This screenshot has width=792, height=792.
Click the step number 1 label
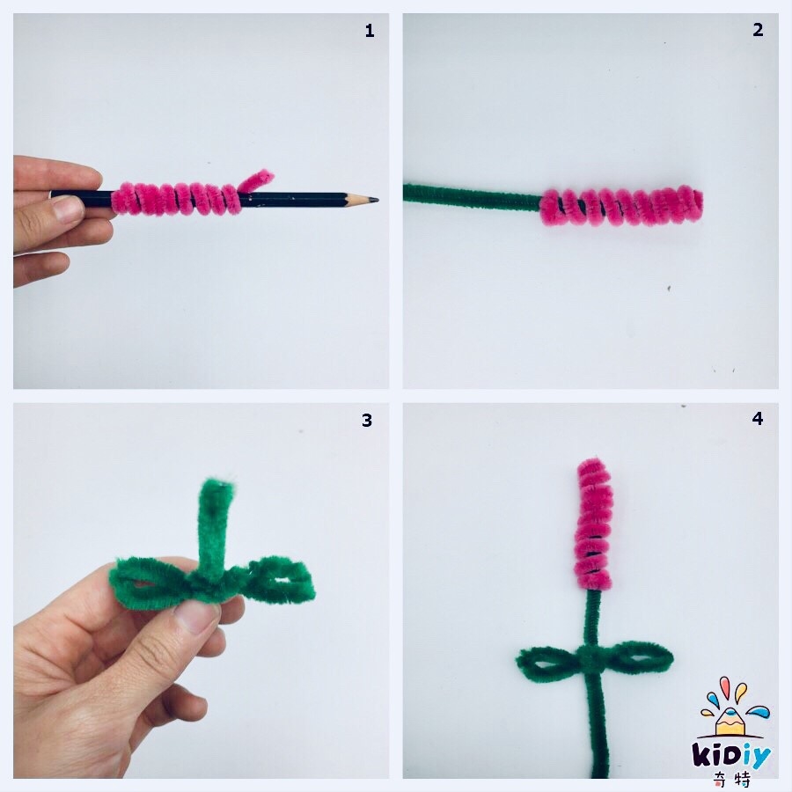tap(370, 32)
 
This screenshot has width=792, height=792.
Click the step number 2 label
tap(758, 30)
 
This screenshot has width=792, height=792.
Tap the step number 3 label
tap(367, 421)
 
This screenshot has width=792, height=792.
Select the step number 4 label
tap(757, 418)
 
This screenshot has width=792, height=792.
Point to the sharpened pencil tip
tap(375, 201)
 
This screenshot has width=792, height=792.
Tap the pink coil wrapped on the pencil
tap(176, 200)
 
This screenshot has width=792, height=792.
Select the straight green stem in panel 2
tap(473, 197)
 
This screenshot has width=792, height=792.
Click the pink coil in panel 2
tap(620, 205)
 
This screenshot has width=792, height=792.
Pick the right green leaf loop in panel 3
tap(275, 580)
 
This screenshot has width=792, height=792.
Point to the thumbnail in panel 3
tap(194, 615)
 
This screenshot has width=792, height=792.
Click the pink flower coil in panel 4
tap(593, 524)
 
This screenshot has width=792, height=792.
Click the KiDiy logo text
tap(731, 756)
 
